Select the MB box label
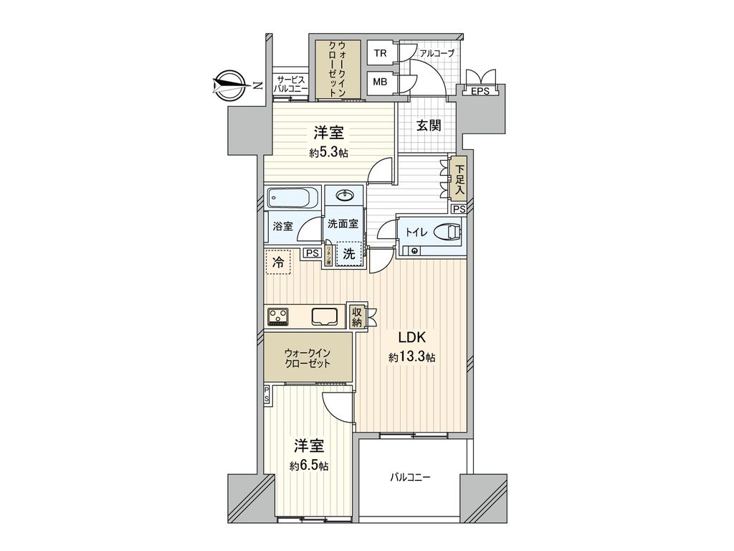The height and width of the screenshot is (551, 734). (380, 82)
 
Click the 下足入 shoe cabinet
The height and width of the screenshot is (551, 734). (459, 179)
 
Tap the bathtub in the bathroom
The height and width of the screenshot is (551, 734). (292, 197)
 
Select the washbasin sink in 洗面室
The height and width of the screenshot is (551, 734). (344, 195)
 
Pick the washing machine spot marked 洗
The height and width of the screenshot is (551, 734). (348, 253)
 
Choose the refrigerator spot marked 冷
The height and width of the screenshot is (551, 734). (277, 263)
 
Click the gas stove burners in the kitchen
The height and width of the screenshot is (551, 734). (278, 315)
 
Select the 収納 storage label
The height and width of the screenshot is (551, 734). (356, 316)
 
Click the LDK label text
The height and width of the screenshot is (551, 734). (412, 338)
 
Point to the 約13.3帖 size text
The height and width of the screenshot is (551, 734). (412, 357)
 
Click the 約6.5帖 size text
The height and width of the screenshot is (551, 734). (309, 466)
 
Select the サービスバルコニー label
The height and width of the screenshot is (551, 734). (291, 83)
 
